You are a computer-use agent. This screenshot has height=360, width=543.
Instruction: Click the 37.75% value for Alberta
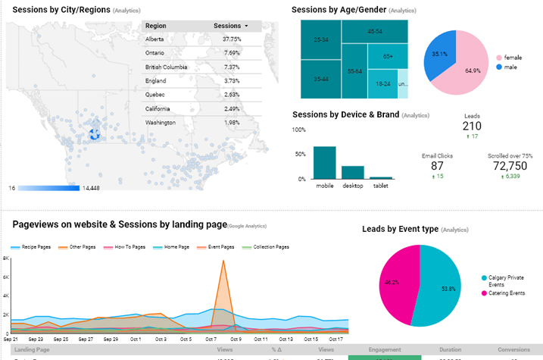click(232, 39)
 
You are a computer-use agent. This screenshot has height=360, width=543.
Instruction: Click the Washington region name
click(161, 122)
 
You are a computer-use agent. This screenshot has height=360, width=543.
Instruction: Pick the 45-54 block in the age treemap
click(374, 31)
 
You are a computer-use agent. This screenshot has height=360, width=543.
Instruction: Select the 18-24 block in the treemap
click(382, 83)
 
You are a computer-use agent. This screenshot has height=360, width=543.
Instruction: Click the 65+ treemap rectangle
click(388, 56)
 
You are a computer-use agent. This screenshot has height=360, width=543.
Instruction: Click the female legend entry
click(512, 58)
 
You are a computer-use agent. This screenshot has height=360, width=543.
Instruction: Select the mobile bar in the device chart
click(325, 162)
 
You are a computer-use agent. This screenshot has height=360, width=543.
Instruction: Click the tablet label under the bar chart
click(380, 186)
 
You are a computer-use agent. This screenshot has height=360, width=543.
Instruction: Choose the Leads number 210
click(472, 126)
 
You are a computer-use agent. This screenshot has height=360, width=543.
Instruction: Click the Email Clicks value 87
click(437, 166)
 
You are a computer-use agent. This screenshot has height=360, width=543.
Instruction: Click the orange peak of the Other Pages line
click(223, 262)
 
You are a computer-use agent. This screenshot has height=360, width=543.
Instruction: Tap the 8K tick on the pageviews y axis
click(5, 258)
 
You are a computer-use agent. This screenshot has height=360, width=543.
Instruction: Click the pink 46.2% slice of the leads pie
click(398, 283)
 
